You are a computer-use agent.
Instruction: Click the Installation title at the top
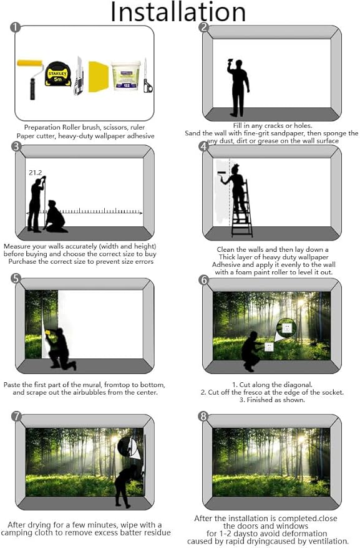pos(178,12)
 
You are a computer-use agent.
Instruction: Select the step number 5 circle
pos(17,278)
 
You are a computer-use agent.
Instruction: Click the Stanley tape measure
pos(58,74)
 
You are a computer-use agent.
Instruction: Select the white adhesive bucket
pos(126,75)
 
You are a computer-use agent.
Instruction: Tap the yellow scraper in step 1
pos(99,77)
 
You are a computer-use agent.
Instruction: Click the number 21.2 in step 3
pos(35,173)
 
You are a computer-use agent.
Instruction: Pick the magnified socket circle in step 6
pos(286,327)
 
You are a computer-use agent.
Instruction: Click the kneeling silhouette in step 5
pos(59,347)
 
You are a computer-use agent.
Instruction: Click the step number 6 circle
pos(203,280)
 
